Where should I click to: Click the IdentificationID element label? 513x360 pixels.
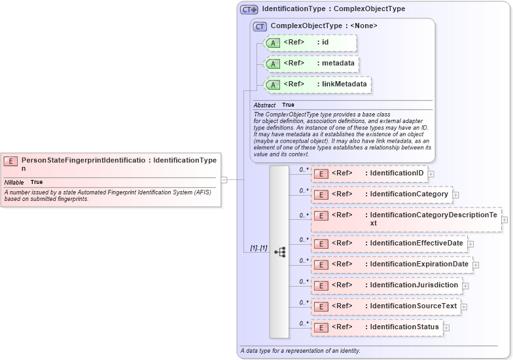(396, 173)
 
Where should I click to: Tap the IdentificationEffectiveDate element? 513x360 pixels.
(389, 243)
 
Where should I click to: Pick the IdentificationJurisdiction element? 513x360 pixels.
(386, 285)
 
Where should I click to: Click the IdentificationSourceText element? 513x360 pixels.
(385, 306)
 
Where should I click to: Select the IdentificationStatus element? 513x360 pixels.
(376, 327)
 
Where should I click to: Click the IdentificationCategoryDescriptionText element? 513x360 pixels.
(406, 219)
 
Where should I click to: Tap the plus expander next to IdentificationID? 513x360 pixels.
(431, 174)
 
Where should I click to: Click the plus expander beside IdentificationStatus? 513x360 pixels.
(446, 327)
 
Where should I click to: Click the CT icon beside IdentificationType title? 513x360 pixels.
(249, 10)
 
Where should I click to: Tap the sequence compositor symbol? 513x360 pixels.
(279, 251)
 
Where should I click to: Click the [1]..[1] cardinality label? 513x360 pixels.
(258, 248)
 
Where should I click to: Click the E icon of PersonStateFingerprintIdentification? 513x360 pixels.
(11, 160)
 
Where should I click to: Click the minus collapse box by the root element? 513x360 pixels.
(224, 179)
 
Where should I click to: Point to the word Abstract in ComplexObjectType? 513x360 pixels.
(264, 105)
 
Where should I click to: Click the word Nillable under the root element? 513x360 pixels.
(14, 182)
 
